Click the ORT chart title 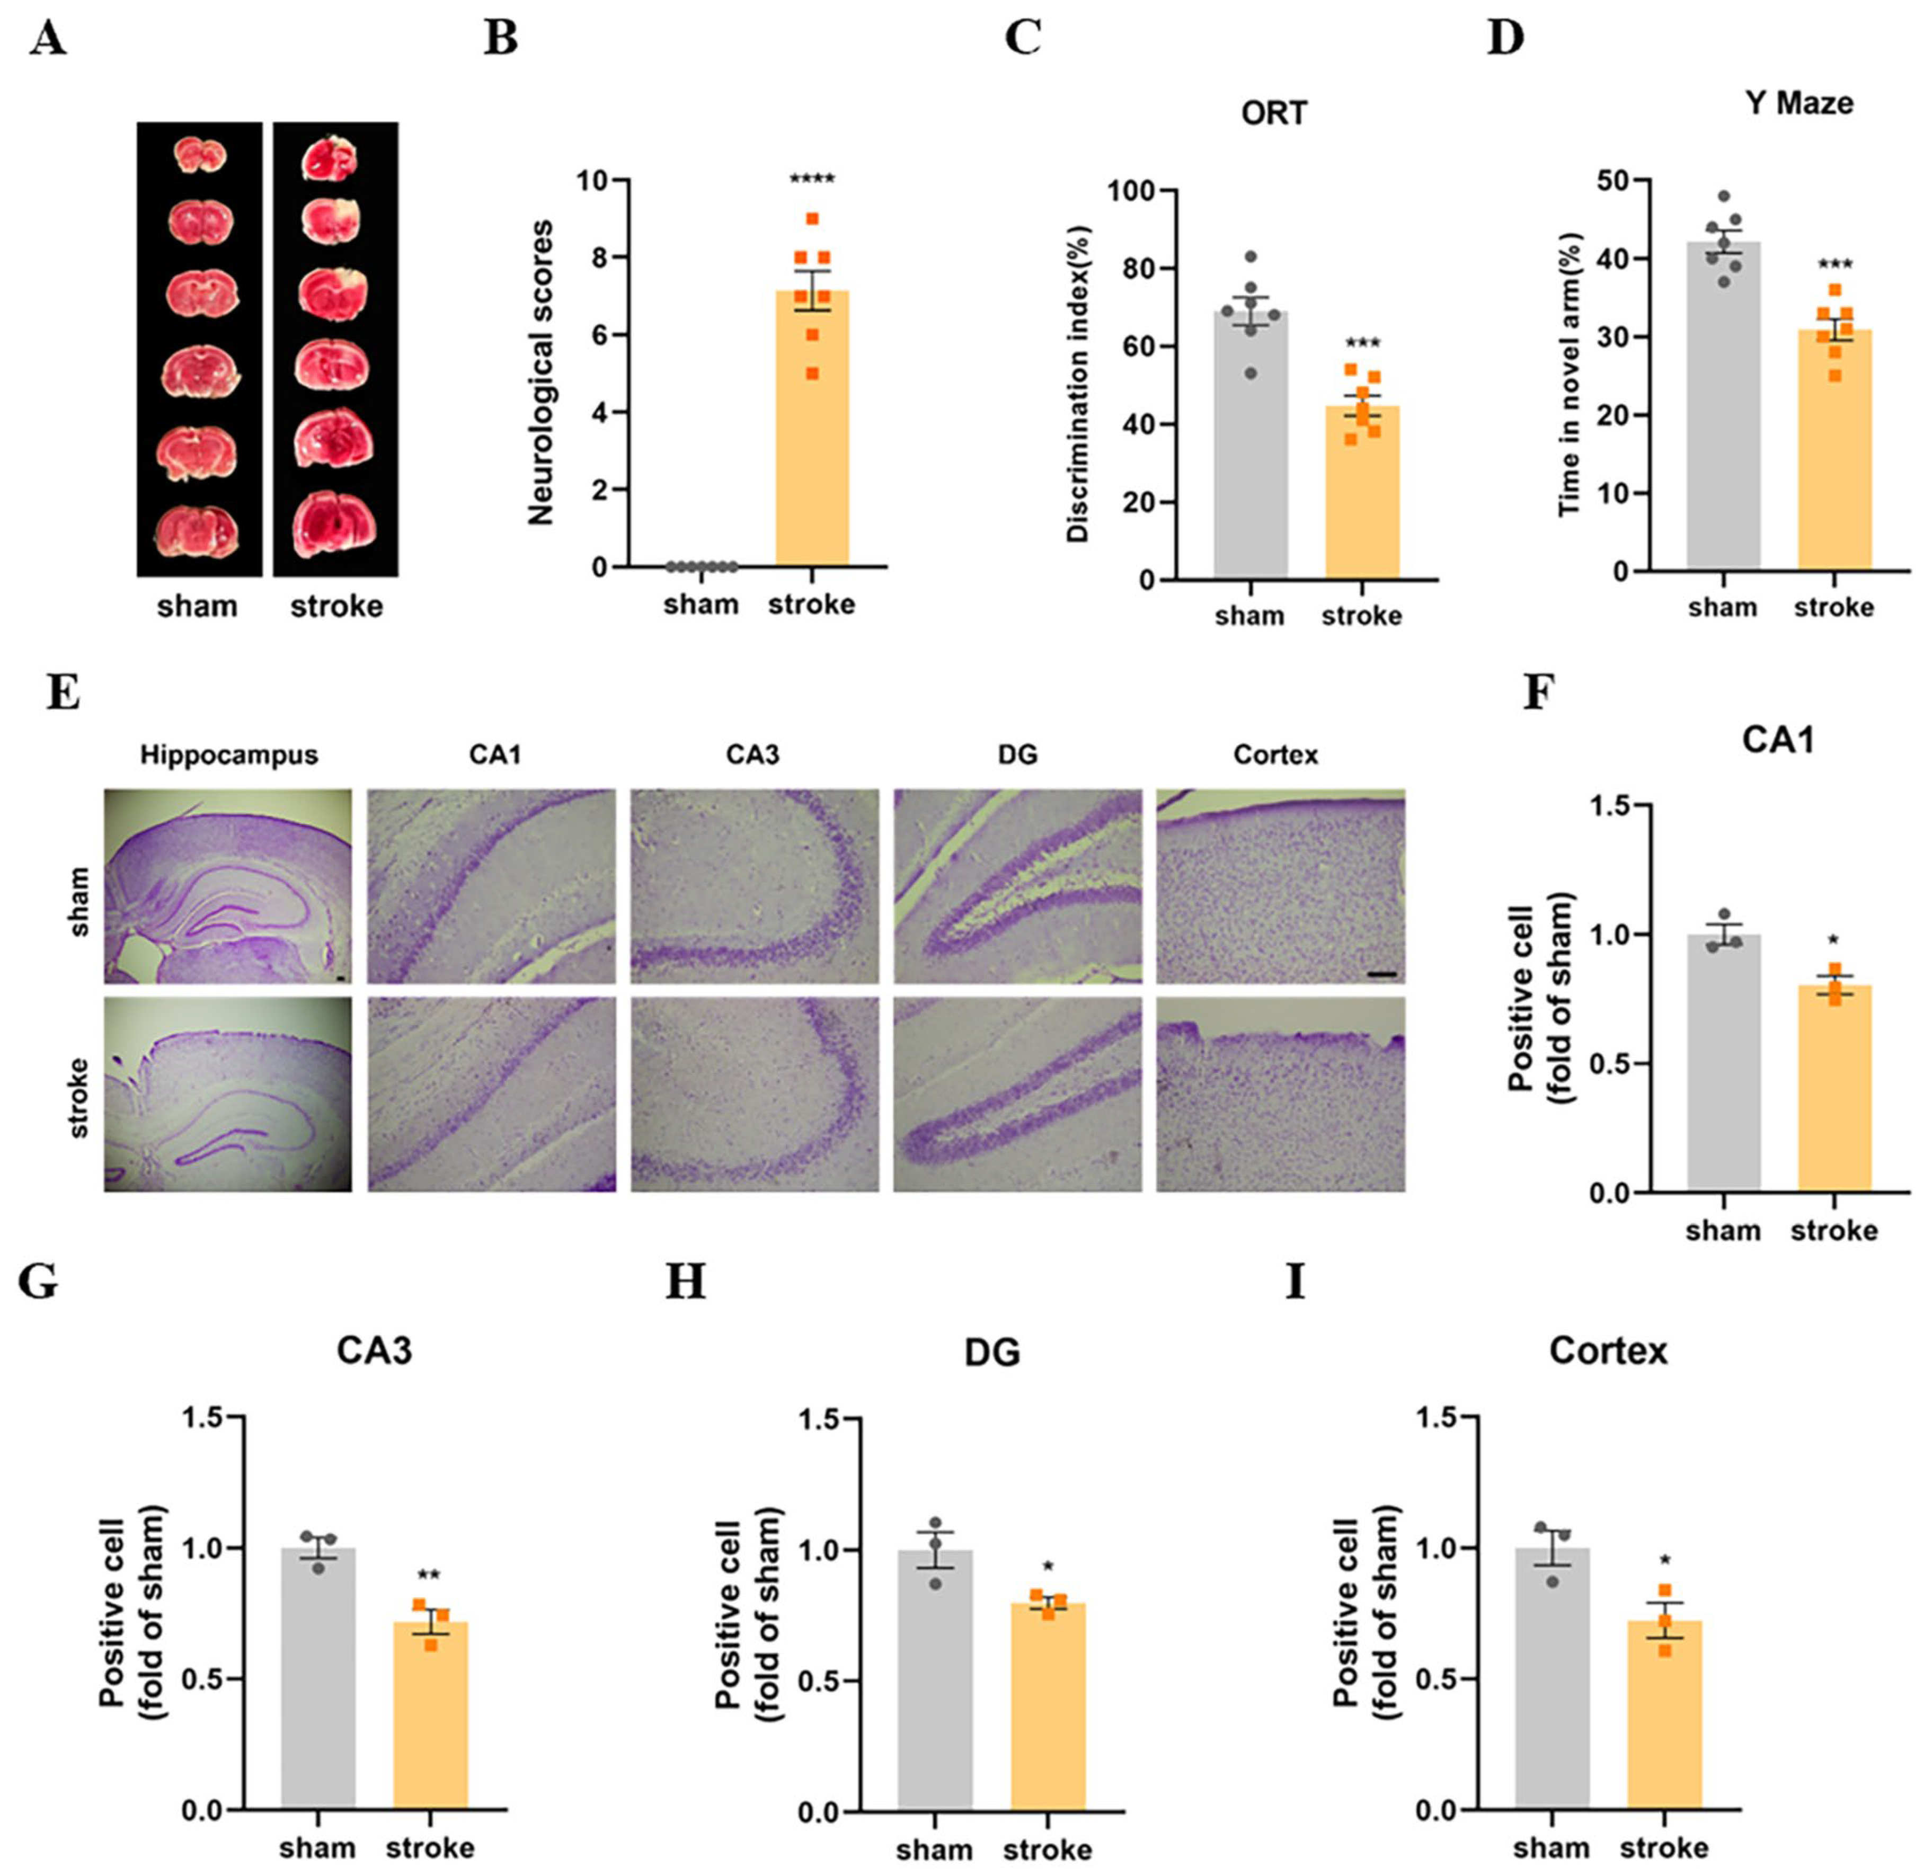(1274, 113)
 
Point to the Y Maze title (1799, 103)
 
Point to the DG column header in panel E (1017, 756)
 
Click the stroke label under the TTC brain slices (336, 606)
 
